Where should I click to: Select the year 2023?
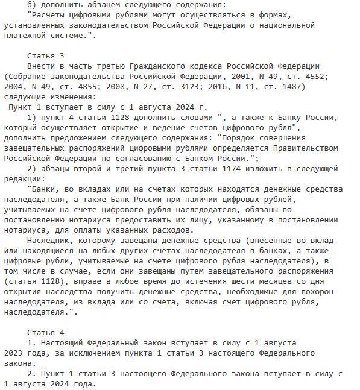point(13,353)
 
